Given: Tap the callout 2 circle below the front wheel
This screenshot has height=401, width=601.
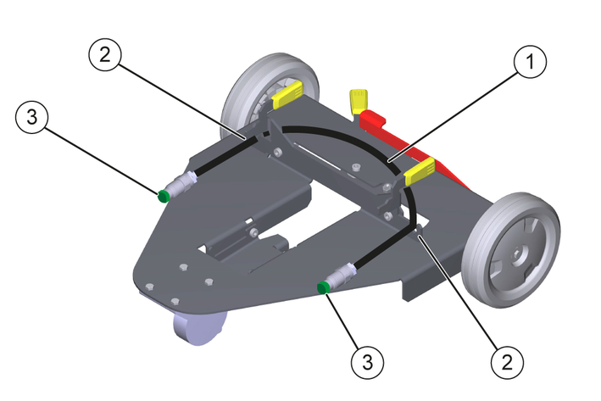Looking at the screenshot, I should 507,364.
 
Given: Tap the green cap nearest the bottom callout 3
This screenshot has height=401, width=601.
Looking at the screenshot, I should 323,288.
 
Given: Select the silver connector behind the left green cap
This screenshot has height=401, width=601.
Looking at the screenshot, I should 181,182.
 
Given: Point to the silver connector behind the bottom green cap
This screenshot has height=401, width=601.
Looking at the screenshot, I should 342,276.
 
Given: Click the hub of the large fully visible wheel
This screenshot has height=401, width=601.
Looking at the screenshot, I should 516,252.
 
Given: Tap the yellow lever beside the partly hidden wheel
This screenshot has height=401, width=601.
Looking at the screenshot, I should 287,95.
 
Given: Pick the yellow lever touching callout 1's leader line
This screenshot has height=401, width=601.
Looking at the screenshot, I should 420,172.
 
